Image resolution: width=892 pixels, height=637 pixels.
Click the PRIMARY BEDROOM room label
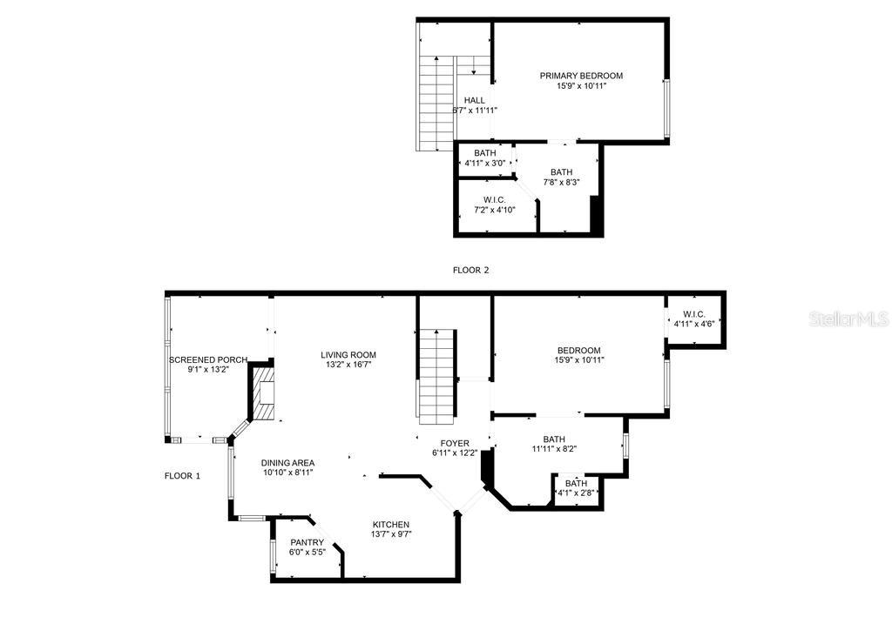coord(581,76)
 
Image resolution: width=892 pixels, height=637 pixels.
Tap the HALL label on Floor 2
coord(474,100)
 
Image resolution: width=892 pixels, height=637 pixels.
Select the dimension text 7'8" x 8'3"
coord(561,182)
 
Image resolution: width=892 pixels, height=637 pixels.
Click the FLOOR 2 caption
coord(470,270)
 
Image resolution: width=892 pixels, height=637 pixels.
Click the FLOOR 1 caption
coord(182,476)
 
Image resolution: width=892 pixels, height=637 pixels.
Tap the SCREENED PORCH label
coord(208,359)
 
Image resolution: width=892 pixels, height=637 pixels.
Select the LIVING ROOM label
coord(348,354)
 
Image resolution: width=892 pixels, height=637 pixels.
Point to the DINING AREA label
coord(287,463)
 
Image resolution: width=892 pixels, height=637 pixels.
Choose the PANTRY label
coord(307,542)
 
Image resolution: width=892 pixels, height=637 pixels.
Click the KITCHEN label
coord(391,525)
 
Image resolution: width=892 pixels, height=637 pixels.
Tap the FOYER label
coord(455,443)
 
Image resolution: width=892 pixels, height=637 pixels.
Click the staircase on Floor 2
coord(436,103)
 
